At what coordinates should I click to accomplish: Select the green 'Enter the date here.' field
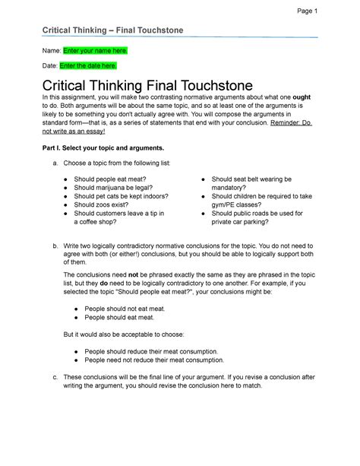90,66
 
